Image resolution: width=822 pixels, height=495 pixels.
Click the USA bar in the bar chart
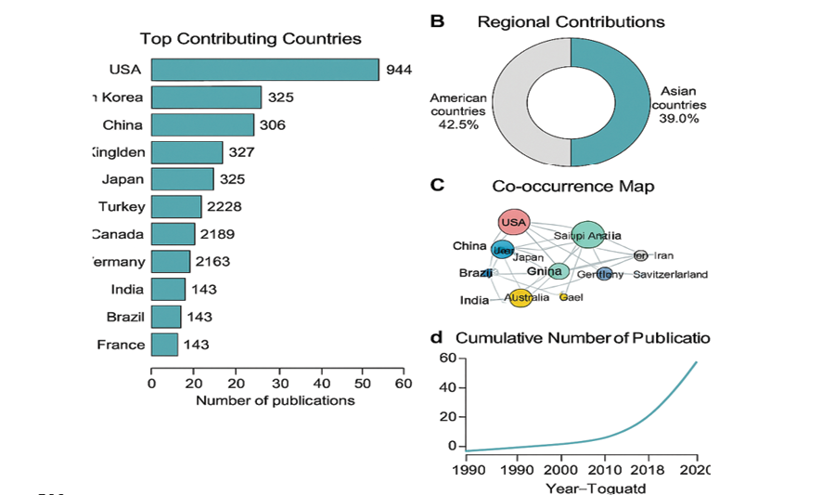pyautogui.click(x=264, y=70)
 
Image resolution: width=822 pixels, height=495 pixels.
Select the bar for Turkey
pyautogui.click(x=176, y=207)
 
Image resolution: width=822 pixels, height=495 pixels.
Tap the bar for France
pyautogui.click(x=164, y=345)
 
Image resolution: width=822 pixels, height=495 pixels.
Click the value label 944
pyautogui.click(x=399, y=70)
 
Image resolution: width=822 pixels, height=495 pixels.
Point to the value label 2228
pyautogui.click(x=225, y=207)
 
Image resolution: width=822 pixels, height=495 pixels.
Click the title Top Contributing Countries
pyautogui.click(x=250, y=39)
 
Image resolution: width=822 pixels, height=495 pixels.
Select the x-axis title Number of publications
pyautogui.click(x=275, y=400)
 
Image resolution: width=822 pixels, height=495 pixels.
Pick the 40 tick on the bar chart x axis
pyautogui.click(x=320, y=382)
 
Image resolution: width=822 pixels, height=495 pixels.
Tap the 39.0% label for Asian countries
pyautogui.click(x=679, y=119)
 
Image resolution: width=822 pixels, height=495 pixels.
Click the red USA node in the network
pyautogui.click(x=513, y=223)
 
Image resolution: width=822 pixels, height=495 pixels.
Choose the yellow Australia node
pyautogui.click(x=520, y=298)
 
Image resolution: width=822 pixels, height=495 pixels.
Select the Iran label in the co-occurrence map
pyautogui.click(x=663, y=255)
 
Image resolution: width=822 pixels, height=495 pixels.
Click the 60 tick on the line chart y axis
pyautogui.click(x=447, y=358)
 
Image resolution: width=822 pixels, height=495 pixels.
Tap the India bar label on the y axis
pyautogui.click(x=127, y=290)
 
